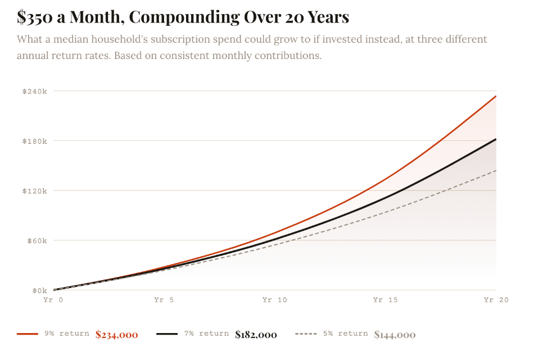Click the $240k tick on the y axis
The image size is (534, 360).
tap(34, 91)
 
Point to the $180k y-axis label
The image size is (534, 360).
tap(34, 141)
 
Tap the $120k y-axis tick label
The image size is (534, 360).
tap(34, 191)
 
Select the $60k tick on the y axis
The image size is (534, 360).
tap(36, 241)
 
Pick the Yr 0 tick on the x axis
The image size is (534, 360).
tap(53, 300)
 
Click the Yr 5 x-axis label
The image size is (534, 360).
tap(164, 300)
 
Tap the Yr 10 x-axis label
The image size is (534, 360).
tap(274, 300)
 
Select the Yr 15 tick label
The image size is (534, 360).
tap(385, 300)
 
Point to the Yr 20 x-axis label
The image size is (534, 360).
tap(495, 300)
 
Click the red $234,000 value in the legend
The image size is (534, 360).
tap(116, 335)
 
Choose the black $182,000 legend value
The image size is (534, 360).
tap(256, 335)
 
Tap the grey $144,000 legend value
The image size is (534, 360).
tap(395, 335)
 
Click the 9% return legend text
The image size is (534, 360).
tap(67, 334)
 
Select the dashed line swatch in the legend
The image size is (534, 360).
tap(306, 334)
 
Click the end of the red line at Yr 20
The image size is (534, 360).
tap(496, 96)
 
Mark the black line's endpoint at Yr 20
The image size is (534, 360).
tap(496, 139)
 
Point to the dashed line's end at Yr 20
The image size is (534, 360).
tap(496, 170)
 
